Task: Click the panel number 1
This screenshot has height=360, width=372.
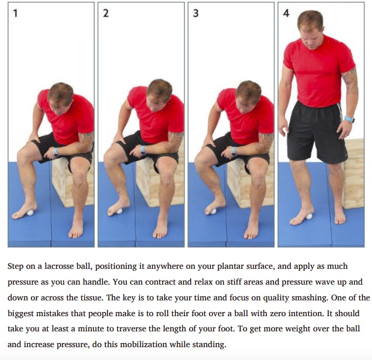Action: [x=15, y=13]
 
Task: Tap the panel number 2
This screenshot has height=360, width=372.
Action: [x=106, y=13]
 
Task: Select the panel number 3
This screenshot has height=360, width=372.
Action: [x=196, y=13]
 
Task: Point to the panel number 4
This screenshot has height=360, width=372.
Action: [x=286, y=13]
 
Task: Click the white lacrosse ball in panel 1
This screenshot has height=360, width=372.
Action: [x=30, y=213]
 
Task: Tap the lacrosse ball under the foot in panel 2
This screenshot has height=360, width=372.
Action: [x=119, y=211]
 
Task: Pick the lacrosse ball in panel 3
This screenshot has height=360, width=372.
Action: [x=214, y=211]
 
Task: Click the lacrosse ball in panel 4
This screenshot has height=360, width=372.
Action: [x=309, y=216]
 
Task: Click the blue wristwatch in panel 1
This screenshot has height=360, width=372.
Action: [x=56, y=152]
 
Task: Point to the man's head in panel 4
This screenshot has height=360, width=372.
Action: [x=311, y=30]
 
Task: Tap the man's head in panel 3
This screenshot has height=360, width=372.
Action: [x=248, y=97]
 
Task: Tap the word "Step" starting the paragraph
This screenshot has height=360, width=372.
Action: [x=15, y=266]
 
